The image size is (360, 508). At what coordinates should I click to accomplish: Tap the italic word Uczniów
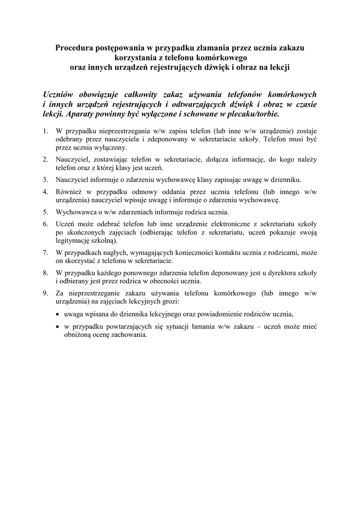(x=59, y=94)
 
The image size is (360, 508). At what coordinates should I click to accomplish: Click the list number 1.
(x=45, y=131)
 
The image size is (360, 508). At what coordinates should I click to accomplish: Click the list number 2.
(x=45, y=159)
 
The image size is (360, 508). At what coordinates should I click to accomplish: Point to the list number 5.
(x=45, y=212)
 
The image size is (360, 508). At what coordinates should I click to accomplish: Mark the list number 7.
(x=45, y=253)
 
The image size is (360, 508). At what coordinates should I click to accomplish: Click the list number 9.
(x=45, y=293)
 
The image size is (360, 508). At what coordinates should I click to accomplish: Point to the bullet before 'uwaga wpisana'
(x=58, y=314)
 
